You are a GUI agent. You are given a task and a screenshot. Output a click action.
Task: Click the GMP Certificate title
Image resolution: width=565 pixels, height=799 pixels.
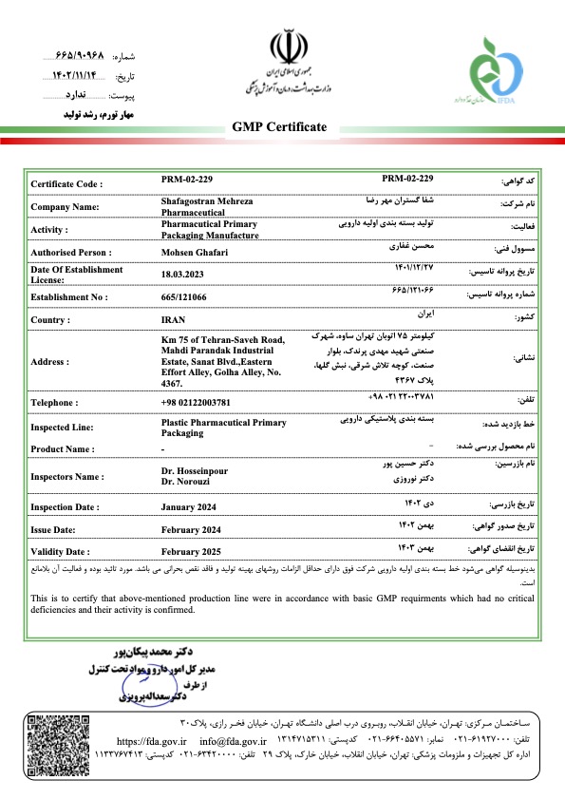pos(279,127)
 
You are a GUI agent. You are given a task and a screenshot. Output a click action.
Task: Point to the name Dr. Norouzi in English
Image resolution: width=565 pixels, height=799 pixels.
pos(186,483)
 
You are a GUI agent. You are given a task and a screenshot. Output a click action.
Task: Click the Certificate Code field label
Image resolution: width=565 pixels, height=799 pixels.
pos(66,183)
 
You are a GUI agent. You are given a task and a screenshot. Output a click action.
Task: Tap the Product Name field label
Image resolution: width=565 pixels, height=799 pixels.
pos(63,449)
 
